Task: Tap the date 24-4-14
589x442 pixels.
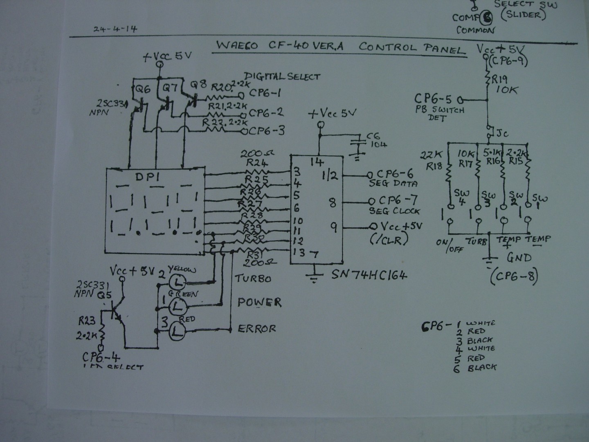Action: (x=115, y=29)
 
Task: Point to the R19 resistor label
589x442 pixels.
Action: (x=499, y=79)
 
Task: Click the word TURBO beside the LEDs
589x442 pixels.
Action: (x=253, y=279)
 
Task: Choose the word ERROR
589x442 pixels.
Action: (x=257, y=329)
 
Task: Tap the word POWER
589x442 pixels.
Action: (x=259, y=302)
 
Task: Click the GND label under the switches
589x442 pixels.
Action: (x=519, y=258)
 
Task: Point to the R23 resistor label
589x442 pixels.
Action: (x=87, y=322)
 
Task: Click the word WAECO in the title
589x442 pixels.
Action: (x=237, y=45)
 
